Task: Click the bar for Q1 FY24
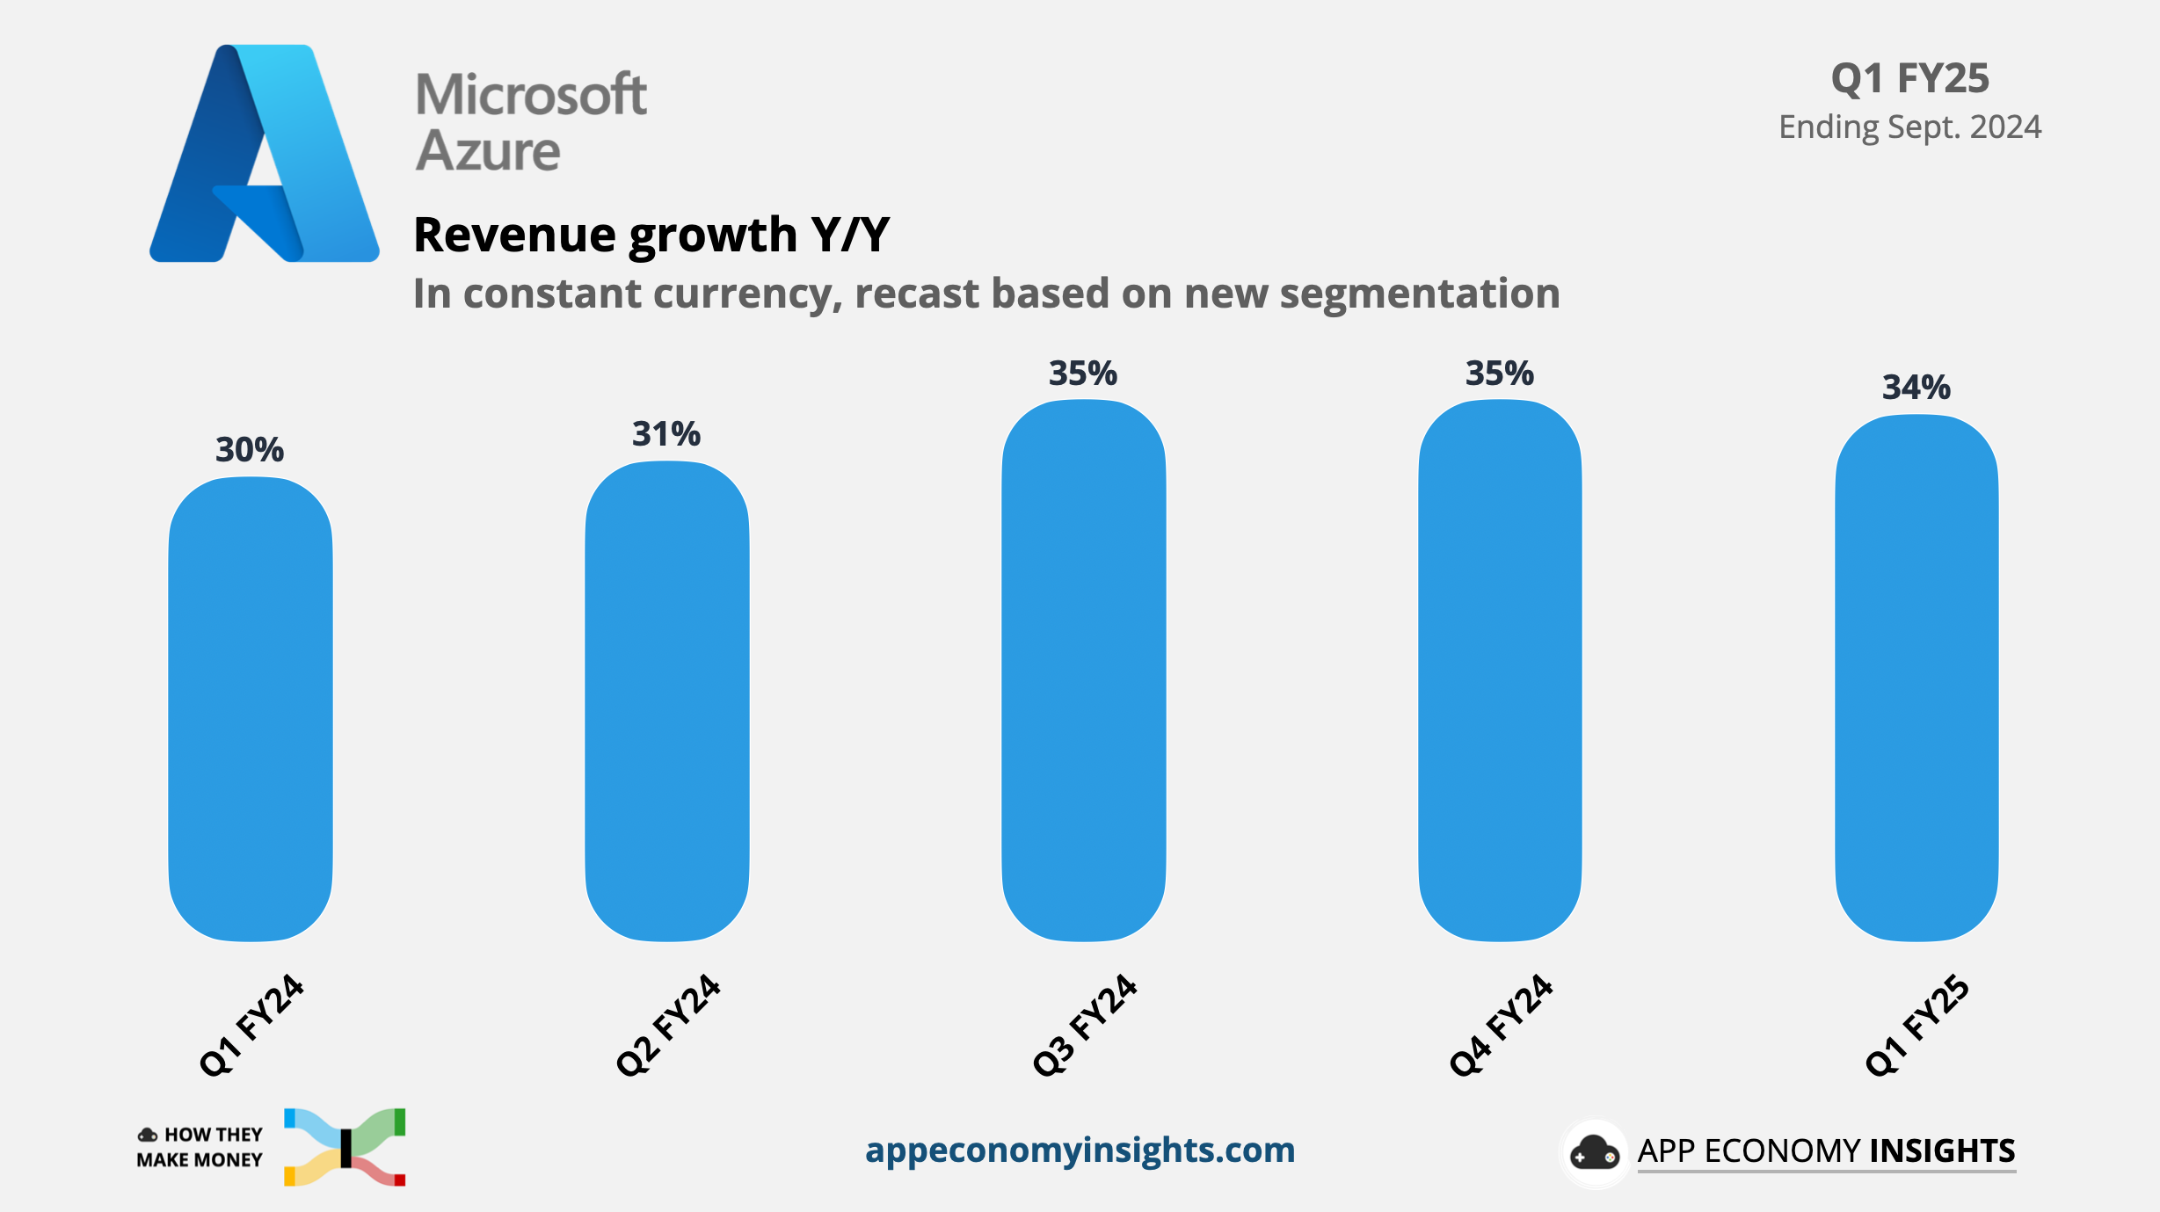click(251, 708)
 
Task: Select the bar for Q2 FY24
click(667, 700)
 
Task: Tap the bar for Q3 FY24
click(1084, 670)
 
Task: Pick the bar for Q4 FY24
click(1500, 670)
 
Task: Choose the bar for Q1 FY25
click(1916, 677)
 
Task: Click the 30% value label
click(250, 450)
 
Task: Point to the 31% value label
click(666, 434)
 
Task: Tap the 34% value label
click(1916, 388)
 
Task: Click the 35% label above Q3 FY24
click(1083, 374)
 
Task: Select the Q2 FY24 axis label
click(668, 1025)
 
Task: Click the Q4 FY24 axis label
click(1502, 1025)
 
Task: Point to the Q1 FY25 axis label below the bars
click(1918, 1025)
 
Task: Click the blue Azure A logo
click(264, 154)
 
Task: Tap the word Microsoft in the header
click(531, 95)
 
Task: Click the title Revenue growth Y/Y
click(651, 235)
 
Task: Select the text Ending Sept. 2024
click(1909, 127)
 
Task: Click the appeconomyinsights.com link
click(1080, 1150)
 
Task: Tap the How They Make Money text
click(200, 1147)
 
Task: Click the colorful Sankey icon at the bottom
click(345, 1147)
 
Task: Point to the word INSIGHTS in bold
click(1942, 1150)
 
